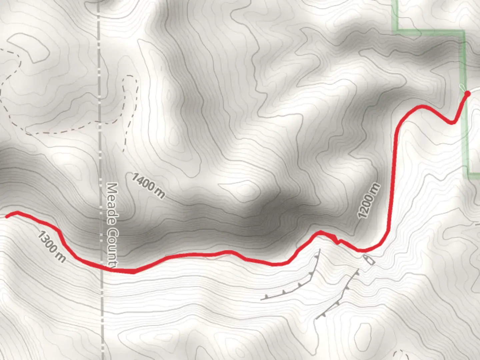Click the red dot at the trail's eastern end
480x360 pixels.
pos(467,94)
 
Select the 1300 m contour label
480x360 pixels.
pos(51,246)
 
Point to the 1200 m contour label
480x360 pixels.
pos(369,201)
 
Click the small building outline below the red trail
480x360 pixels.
pos(369,259)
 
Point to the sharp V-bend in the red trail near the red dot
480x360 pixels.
pos(453,123)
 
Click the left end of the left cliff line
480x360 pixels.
pos(261,299)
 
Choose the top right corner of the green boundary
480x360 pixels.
pos(463,31)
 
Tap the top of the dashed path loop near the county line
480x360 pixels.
pos(130,77)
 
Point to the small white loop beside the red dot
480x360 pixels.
pos(462,87)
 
